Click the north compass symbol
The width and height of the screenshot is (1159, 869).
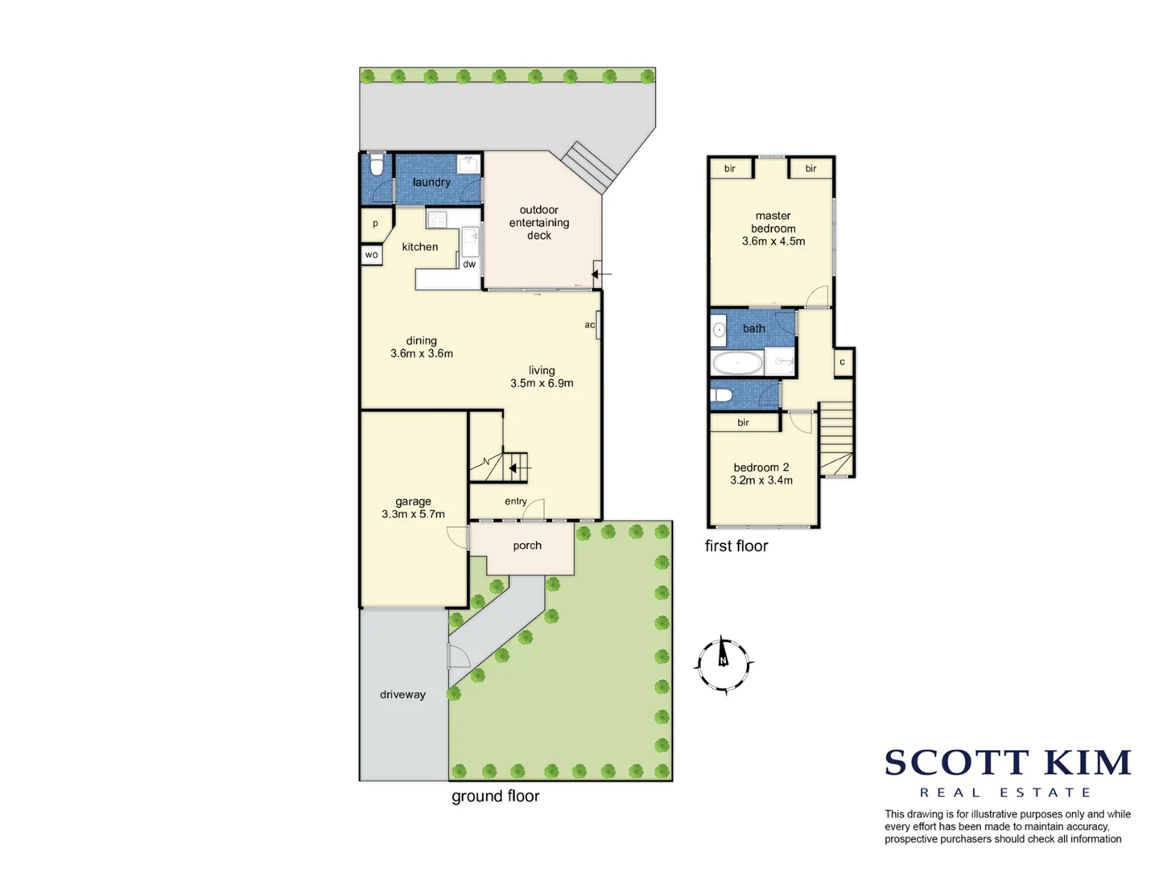click(x=724, y=665)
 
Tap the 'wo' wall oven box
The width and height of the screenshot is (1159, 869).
click(x=371, y=255)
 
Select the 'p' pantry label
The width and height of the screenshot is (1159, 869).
click(x=375, y=224)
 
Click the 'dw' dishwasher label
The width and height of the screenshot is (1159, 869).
click(x=469, y=264)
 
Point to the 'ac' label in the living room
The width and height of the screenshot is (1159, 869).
click(x=590, y=325)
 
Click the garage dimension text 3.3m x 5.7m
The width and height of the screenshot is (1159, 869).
click(x=413, y=514)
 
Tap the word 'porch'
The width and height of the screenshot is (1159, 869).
click(x=527, y=546)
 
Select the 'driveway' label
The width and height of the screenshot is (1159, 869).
click(x=402, y=694)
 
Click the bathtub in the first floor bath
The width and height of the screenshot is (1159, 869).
click(x=737, y=363)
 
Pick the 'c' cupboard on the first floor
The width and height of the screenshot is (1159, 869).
click(x=843, y=362)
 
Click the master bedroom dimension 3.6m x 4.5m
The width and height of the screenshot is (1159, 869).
click(x=773, y=241)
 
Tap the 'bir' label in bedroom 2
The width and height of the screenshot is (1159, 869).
click(x=743, y=422)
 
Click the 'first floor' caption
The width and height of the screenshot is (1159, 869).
click(x=736, y=546)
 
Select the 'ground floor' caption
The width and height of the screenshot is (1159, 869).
click(x=495, y=796)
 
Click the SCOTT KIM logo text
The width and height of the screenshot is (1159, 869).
click(x=1008, y=762)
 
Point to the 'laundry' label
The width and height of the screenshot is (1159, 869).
click(x=431, y=182)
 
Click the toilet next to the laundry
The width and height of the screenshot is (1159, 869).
click(x=376, y=167)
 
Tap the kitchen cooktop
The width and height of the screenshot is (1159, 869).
click(x=437, y=219)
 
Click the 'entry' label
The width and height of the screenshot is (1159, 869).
click(x=516, y=501)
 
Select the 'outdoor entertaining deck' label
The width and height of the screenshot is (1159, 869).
click(x=539, y=223)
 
